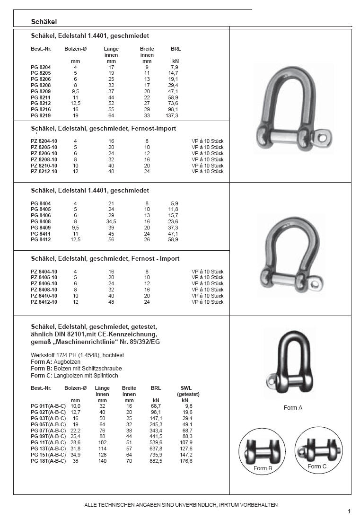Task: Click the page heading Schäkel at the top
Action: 44,22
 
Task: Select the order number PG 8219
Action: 41,115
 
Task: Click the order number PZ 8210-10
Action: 44,166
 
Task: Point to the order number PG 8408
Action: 41,221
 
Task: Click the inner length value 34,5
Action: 112,221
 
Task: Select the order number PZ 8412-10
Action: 44,302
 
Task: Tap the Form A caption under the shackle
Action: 293,408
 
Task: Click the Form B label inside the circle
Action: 263,468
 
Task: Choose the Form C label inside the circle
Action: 317,466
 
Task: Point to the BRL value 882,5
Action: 156,461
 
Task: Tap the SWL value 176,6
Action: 186,461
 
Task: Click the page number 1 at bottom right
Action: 349,511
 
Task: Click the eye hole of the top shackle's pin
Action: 323,137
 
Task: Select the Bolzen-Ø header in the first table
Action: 75,49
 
